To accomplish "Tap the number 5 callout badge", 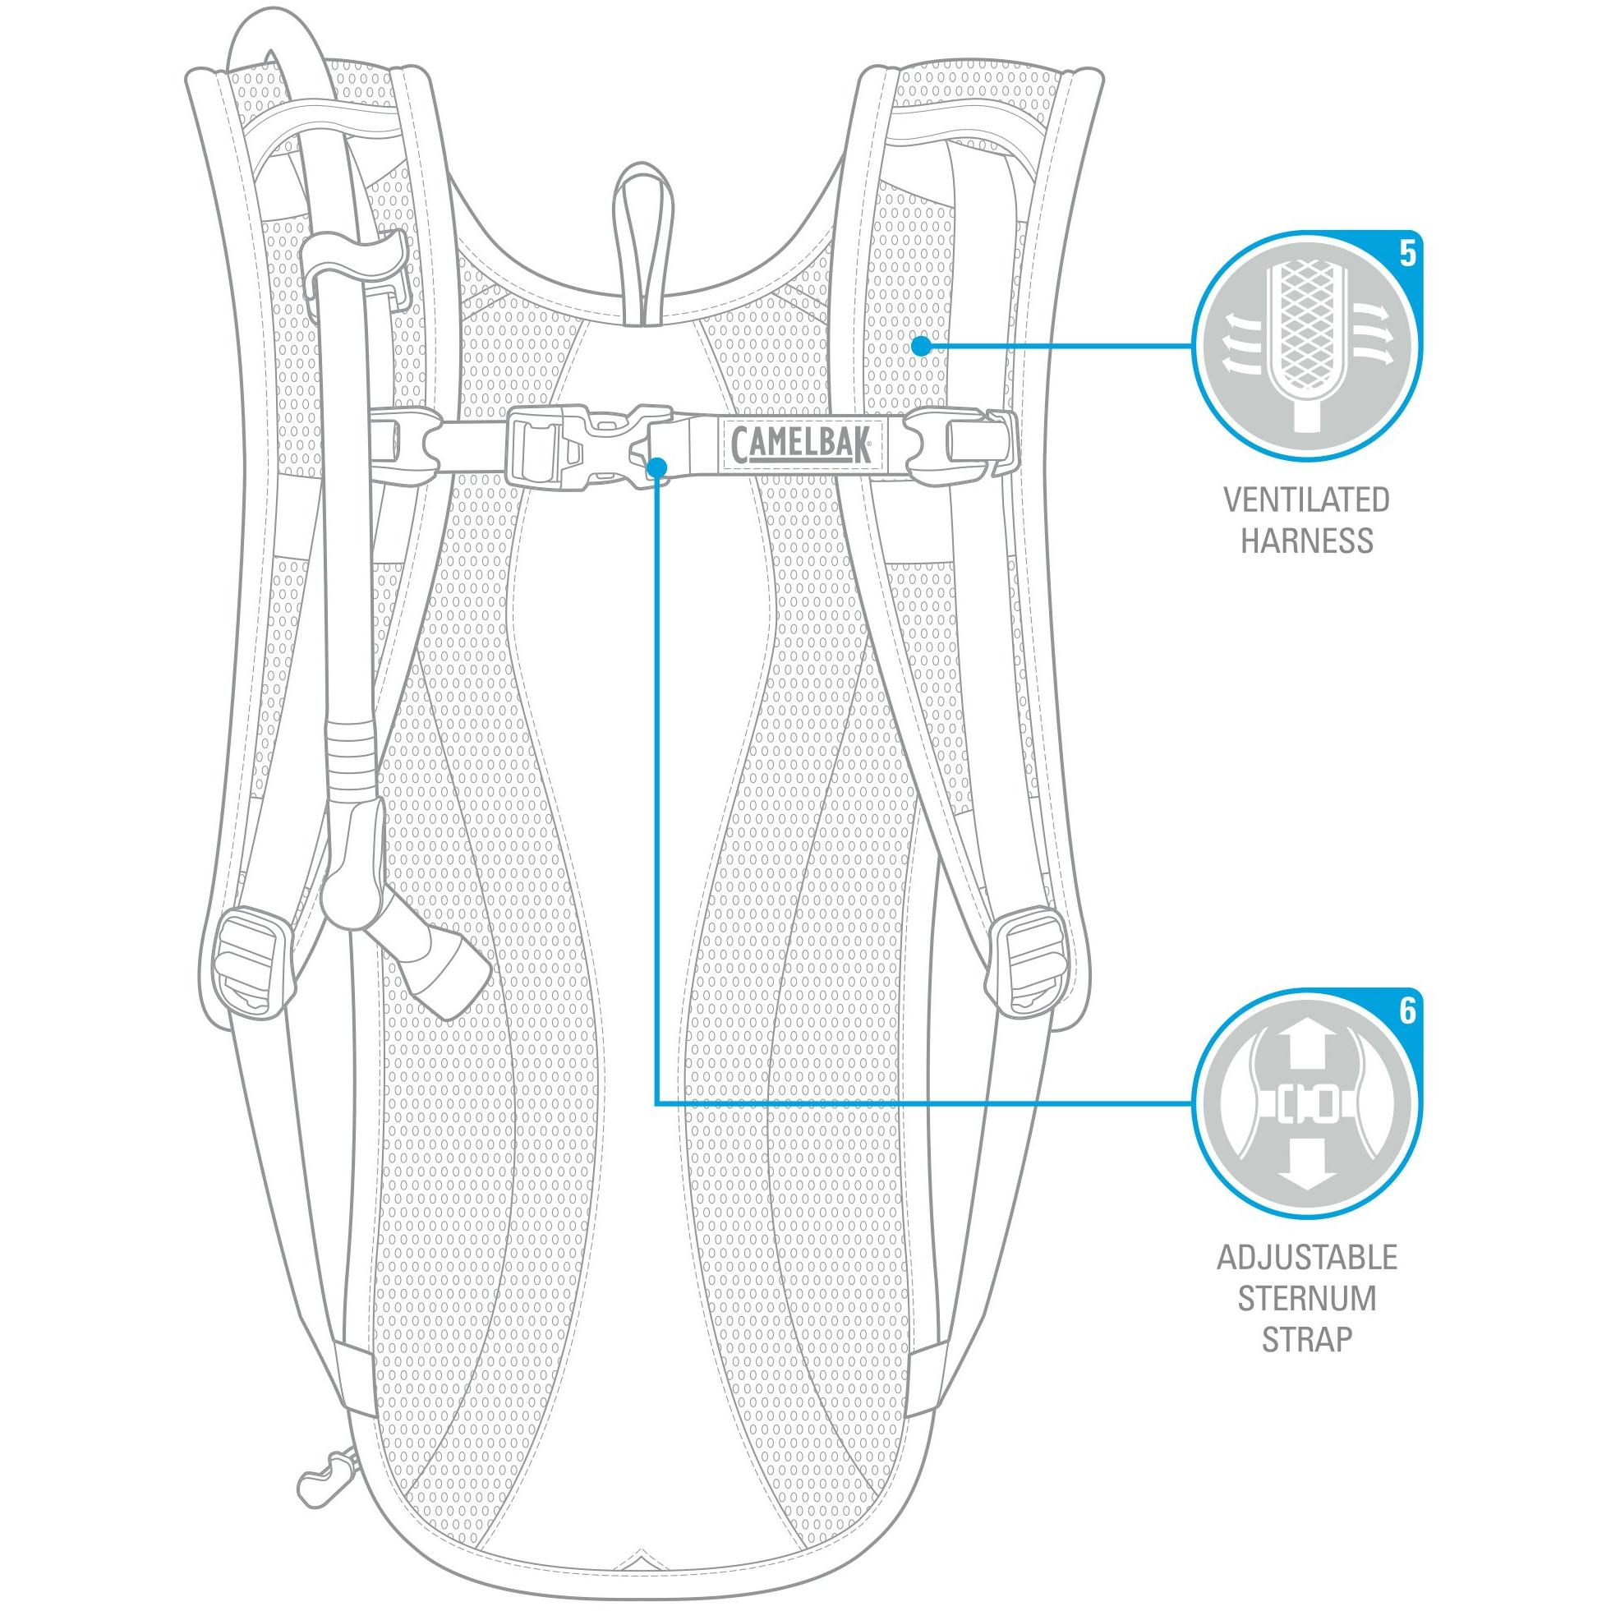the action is pos(1407,254).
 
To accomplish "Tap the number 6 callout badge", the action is pos(1407,1010).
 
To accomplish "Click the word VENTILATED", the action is pos(1307,500).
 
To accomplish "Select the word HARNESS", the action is pos(1307,541).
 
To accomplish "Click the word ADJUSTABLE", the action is pos(1307,1257).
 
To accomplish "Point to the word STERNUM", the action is pos(1307,1298).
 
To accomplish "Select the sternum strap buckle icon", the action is pos(1306,1104).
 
